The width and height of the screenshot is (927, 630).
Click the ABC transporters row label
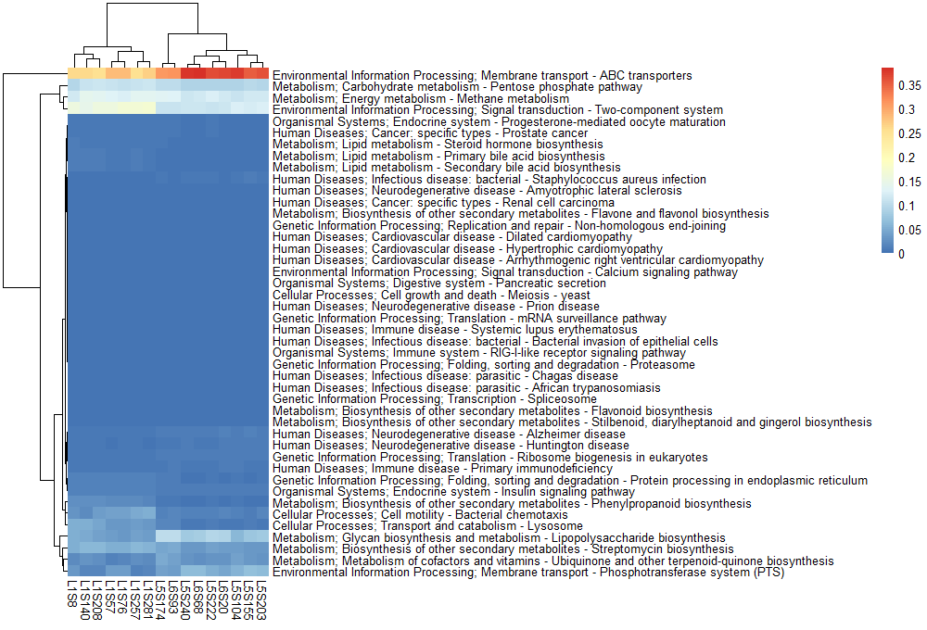coord(482,75)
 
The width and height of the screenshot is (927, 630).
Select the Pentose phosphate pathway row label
coord(457,87)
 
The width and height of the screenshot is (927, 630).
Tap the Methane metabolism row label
coord(421,98)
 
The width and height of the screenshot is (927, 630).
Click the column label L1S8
coord(74,594)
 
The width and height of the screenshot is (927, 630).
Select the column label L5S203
coord(261,601)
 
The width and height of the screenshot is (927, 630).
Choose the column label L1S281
coord(149,601)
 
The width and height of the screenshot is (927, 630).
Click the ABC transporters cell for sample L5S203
coord(261,75)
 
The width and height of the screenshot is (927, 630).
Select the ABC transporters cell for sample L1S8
coord(74,75)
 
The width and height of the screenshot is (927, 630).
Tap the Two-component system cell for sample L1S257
coord(136,109)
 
